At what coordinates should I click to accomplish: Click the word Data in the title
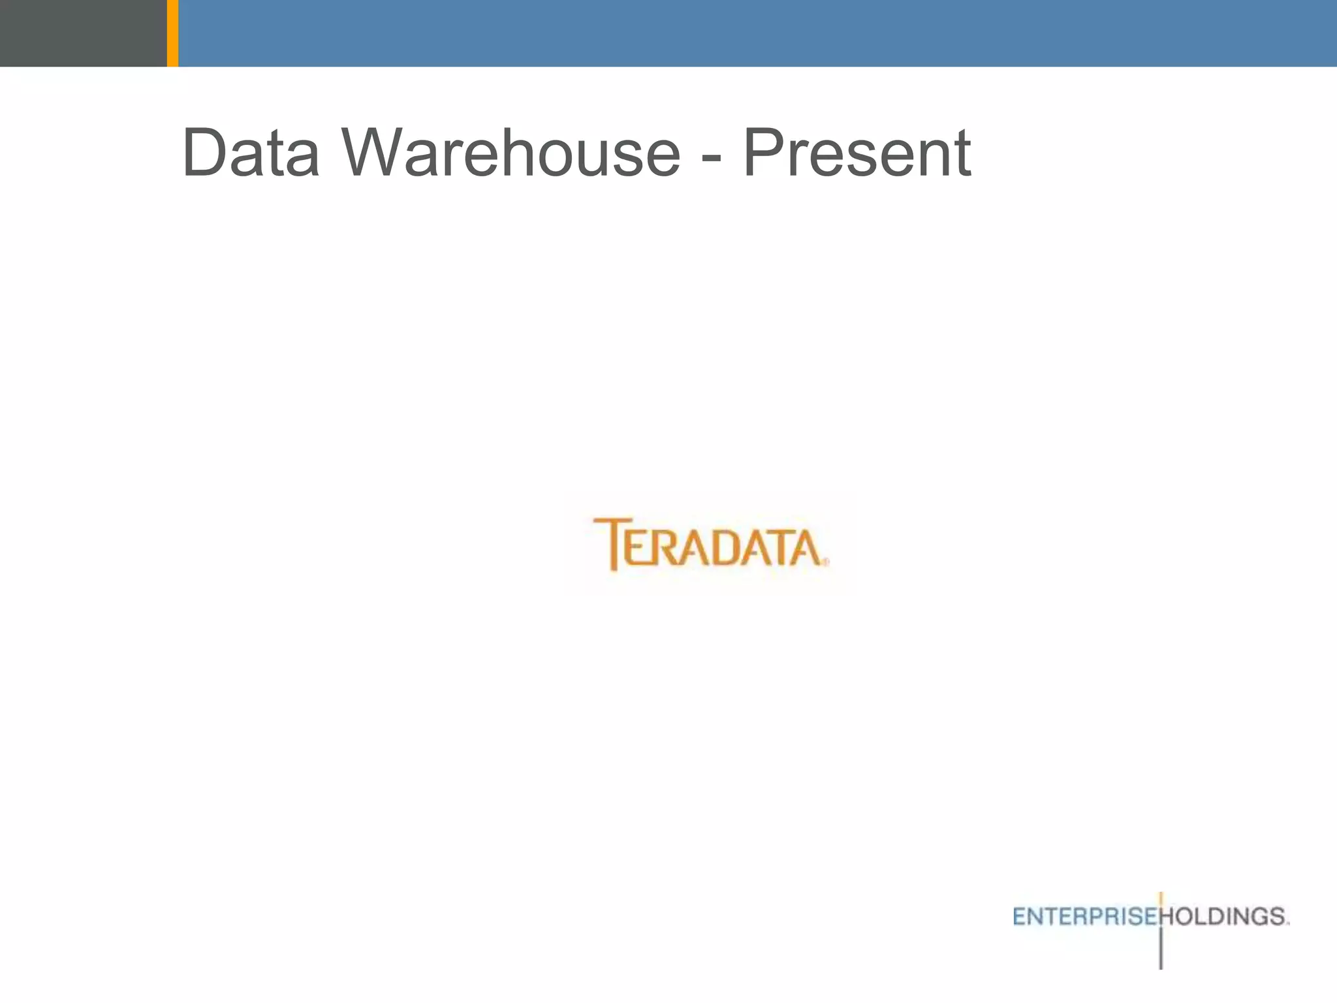tap(251, 153)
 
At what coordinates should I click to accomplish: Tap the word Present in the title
tap(857, 153)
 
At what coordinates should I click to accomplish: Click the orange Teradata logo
tap(710, 545)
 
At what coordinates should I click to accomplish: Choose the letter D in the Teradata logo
tap(727, 549)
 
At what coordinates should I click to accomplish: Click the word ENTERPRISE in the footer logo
tap(1085, 917)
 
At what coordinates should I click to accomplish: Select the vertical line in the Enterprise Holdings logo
tap(1161, 947)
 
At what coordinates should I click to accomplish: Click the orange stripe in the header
tap(172, 33)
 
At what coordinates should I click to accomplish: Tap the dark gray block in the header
tap(83, 33)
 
